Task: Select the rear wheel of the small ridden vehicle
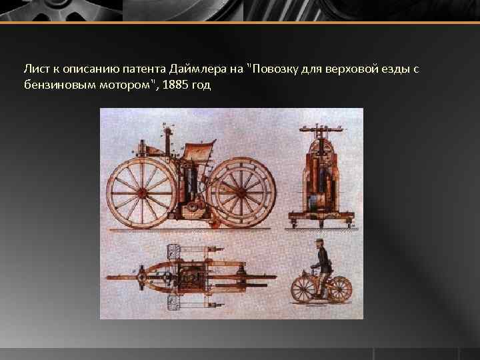coord(339,289)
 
